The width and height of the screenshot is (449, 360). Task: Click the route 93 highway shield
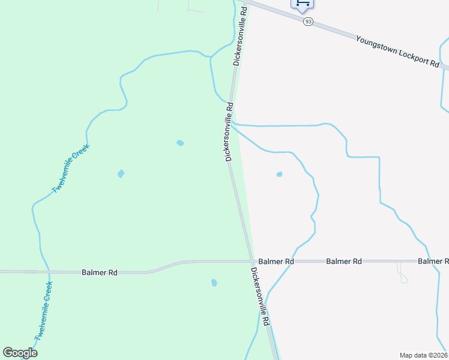tap(308, 21)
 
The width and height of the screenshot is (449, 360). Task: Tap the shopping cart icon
tap(303, 4)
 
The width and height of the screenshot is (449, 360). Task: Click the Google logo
tap(20, 353)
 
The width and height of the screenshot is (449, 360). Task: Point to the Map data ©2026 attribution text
tap(423, 355)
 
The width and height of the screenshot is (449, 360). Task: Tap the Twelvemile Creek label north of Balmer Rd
tap(71, 169)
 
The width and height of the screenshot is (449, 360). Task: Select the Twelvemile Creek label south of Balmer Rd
tap(44, 311)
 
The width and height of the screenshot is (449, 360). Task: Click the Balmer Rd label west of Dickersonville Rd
tap(99, 272)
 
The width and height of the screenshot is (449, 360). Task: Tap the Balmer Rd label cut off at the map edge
tap(433, 262)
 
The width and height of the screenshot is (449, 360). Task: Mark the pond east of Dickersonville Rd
tap(279, 175)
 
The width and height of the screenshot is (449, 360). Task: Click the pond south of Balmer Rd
tap(214, 283)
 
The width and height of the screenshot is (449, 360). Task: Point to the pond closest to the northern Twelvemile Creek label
tap(121, 174)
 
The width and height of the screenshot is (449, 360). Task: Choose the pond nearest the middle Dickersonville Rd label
tap(180, 143)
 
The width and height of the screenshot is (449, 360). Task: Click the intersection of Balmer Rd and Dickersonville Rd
tap(251, 262)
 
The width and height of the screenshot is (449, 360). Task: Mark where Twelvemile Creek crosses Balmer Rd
tap(48, 272)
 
